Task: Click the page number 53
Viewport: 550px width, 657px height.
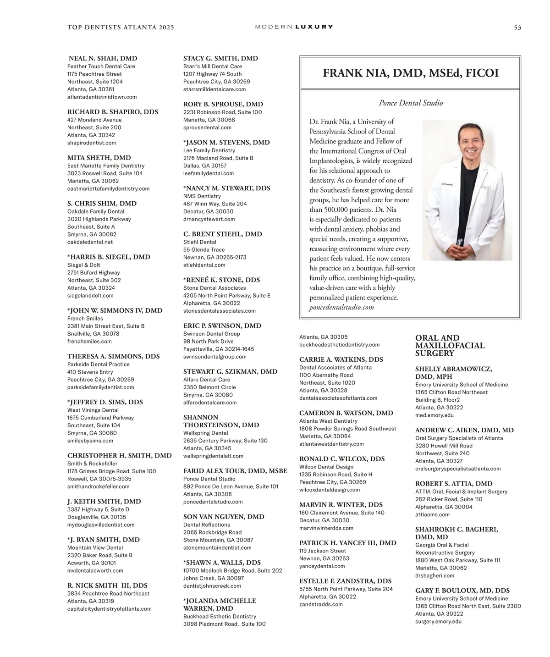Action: [517, 28]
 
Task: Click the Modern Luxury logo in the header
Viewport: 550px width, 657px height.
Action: [294, 27]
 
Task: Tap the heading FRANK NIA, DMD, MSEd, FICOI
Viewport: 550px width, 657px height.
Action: [410, 73]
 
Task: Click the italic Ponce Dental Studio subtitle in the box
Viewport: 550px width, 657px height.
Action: [411, 103]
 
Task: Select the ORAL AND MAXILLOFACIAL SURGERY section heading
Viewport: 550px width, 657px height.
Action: [450, 346]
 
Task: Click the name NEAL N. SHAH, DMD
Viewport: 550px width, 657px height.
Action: [103, 59]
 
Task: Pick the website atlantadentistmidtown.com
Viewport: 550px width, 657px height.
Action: [102, 97]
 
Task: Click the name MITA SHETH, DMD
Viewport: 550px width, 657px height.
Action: [99, 158]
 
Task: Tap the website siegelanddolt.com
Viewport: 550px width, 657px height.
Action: [90, 296]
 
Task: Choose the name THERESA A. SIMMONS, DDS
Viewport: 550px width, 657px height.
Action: [113, 356]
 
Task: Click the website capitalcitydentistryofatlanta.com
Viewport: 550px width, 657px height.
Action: [109, 609]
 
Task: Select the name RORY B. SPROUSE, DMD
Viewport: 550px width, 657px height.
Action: [223, 105]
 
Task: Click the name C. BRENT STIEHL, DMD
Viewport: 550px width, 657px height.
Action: [223, 234]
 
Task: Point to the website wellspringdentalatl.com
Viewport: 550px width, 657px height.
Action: [213, 456]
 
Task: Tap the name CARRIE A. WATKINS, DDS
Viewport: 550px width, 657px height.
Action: [341, 360]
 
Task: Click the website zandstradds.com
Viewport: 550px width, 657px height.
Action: [321, 604]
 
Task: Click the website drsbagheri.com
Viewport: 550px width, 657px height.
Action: [434, 575]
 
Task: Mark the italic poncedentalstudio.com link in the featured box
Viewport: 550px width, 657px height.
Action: [341, 307]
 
